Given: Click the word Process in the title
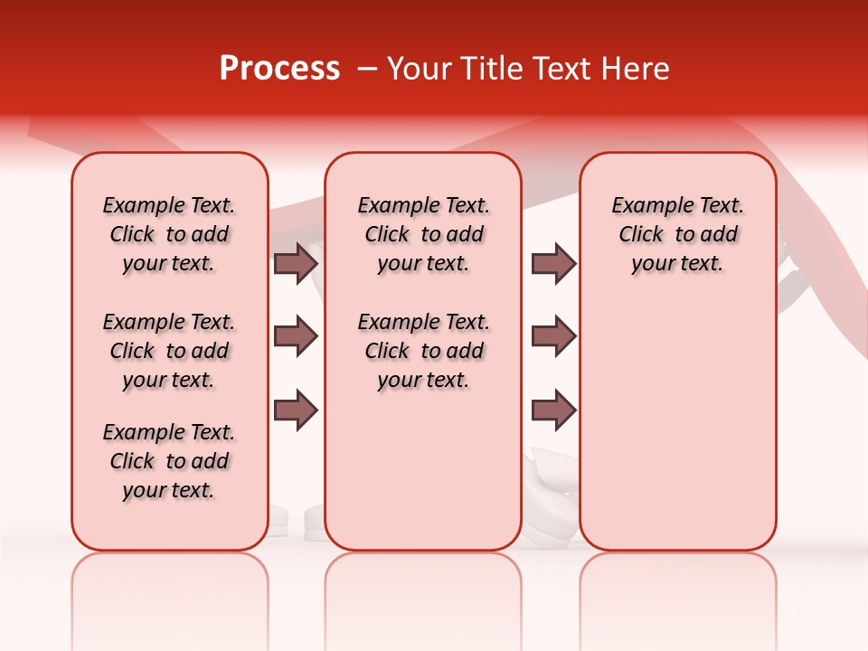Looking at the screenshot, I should pos(279,69).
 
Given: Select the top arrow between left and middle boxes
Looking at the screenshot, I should pos(296,263).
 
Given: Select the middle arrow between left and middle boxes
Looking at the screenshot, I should pos(296,336).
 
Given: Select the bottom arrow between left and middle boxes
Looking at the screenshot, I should pos(296,410).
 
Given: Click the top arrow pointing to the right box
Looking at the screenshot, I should pos(553,263).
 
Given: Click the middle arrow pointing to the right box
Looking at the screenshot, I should pos(553,336).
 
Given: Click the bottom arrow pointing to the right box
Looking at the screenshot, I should pos(553,410).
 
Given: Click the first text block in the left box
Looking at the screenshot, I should pos(169,234).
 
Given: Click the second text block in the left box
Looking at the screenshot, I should pos(169,351).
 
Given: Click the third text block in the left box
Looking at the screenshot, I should pos(169,461).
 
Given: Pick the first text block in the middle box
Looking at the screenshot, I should pos(423,234).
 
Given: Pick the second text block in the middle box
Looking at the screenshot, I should pos(423,351).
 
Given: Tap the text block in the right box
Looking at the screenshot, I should pos(677,234).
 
